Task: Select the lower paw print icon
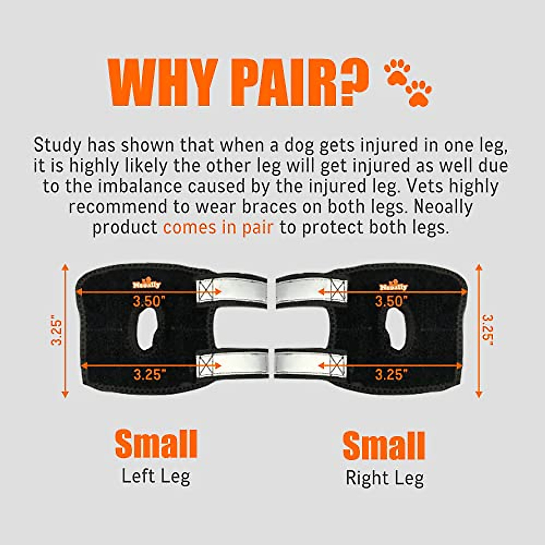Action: (418, 93)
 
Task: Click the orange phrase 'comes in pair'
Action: (218, 227)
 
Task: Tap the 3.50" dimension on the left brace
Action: (149, 301)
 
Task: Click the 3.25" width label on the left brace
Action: (149, 375)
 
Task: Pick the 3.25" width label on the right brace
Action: (391, 375)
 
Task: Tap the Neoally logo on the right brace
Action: (393, 286)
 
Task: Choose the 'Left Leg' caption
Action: (156, 476)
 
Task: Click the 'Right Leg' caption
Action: (385, 478)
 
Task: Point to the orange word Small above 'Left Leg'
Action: (156, 444)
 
